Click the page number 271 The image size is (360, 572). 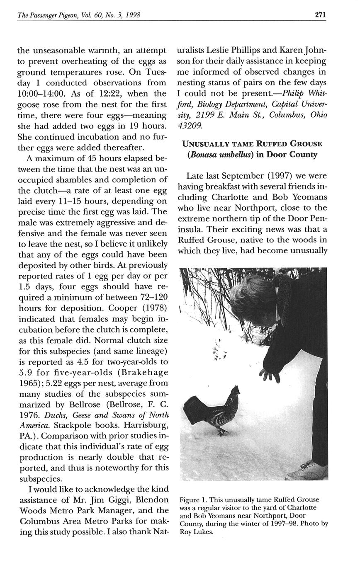point(320,15)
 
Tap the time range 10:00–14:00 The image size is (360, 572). point(44,94)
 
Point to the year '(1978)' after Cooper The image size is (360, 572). point(154,308)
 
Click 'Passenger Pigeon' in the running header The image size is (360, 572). point(50,15)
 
